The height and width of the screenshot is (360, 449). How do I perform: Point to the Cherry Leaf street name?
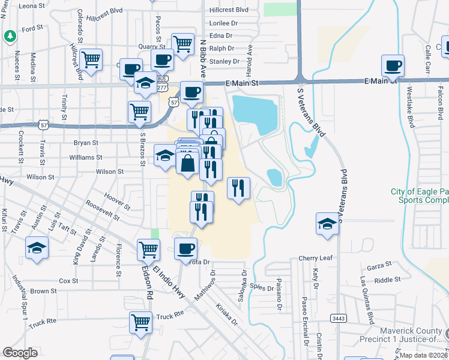point(315,258)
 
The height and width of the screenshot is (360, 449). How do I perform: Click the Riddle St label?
point(387,280)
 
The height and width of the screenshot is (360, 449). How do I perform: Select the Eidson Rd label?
point(145,282)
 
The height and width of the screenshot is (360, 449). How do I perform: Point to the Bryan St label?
point(86,143)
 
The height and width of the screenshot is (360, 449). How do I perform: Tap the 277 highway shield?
point(162,88)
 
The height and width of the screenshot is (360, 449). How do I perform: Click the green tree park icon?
point(9,36)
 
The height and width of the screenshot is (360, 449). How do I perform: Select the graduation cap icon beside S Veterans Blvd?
point(327,224)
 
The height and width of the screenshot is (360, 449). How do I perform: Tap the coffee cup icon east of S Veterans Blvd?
point(393,65)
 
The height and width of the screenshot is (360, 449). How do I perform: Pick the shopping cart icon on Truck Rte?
point(140,322)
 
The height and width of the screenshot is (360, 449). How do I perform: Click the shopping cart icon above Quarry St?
point(182,43)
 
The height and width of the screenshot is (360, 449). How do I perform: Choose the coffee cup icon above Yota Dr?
point(185,248)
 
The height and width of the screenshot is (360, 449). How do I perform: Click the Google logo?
point(20,353)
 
